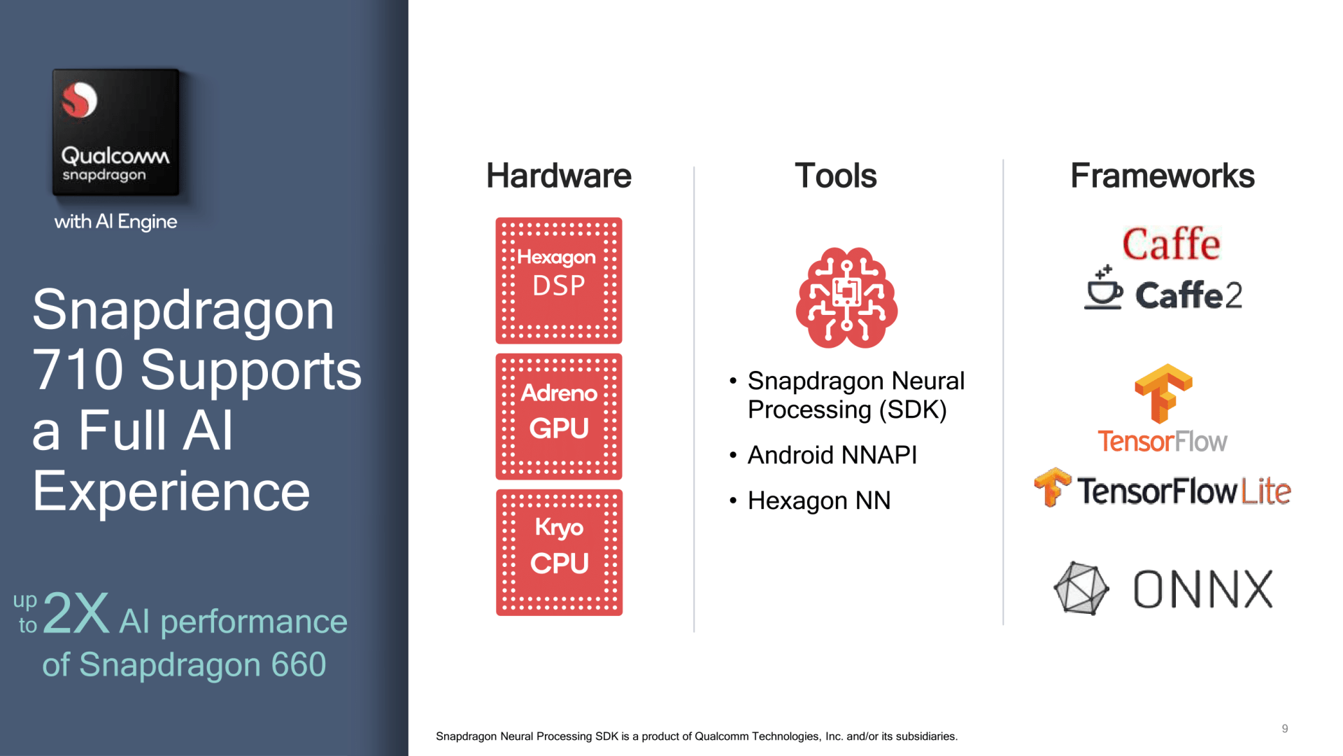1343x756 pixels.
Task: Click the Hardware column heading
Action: coord(558,176)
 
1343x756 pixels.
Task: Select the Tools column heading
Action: coord(835,176)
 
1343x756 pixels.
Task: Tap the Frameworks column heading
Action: coord(1163,176)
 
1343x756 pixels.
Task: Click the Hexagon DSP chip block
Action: coord(559,280)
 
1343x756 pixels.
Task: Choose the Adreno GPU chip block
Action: coord(559,416)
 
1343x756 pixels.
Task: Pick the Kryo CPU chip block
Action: coord(559,552)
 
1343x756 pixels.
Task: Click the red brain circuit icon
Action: coord(846,297)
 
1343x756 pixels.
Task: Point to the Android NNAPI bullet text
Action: coord(832,455)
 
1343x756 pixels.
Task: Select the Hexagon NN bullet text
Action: coord(819,500)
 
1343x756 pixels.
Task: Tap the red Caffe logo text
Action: coord(1172,244)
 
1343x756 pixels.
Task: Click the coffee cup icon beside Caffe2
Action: coord(1104,288)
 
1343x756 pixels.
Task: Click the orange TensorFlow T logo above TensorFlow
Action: coord(1163,393)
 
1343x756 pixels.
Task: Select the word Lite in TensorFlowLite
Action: coord(1266,491)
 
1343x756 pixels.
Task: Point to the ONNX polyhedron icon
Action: coord(1081,589)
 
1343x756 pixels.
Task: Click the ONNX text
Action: coord(1203,589)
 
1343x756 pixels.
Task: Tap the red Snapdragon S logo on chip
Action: coord(79,100)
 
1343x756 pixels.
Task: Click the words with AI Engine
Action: coord(115,221)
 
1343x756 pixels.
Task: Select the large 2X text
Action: coord(76,612)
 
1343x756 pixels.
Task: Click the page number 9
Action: coord(1285,729)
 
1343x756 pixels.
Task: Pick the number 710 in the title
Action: coord(78,370)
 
